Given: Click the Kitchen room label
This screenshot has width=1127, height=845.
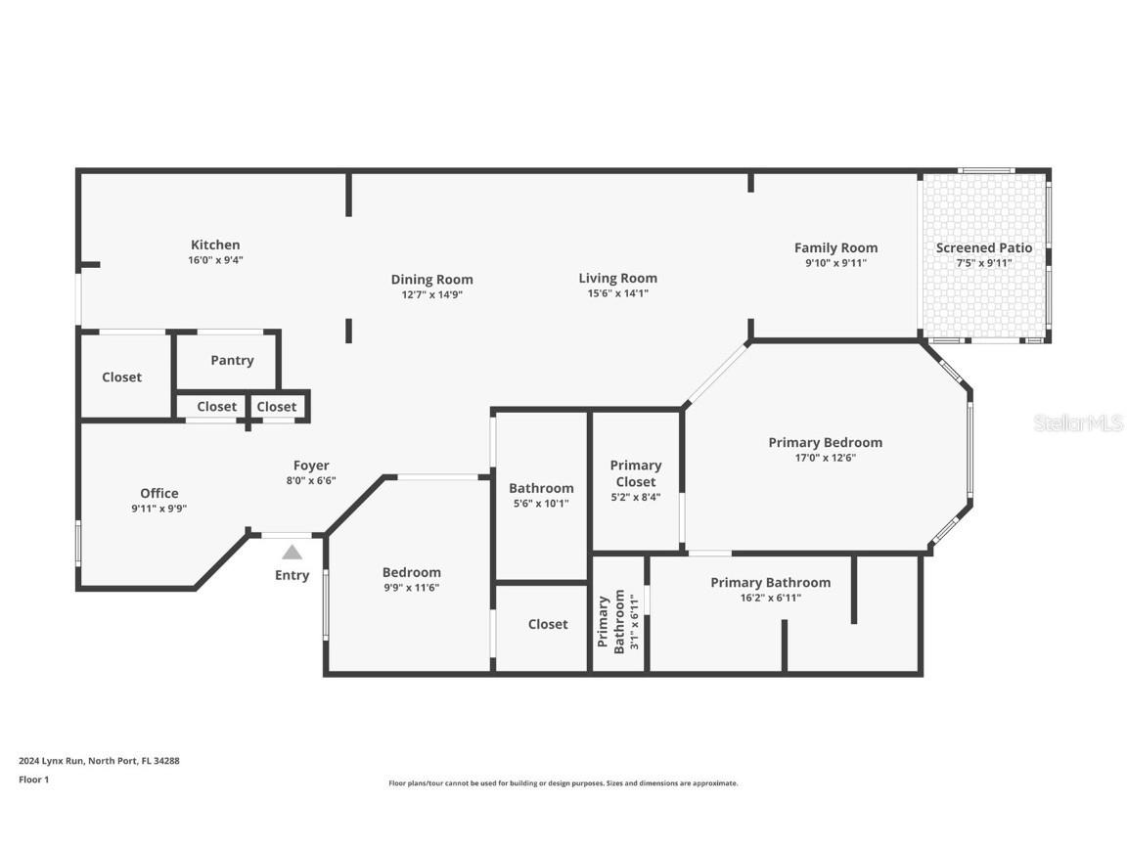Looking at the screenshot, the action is [215, 245].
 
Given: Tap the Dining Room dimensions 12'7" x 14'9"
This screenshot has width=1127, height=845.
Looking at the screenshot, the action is [432, 294].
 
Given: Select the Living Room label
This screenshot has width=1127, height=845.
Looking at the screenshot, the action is [618, 278].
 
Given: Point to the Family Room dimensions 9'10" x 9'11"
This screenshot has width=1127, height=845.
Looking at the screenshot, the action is [835, 263].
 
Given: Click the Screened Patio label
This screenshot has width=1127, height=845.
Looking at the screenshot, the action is [984, 247].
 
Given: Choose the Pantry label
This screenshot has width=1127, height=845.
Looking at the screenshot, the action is [232, 361].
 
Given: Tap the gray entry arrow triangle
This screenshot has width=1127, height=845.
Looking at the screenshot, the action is [292, 552].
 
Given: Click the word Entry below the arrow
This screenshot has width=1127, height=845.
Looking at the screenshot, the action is [292, 575].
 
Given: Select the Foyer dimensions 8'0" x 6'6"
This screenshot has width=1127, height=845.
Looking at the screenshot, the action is [311, 481].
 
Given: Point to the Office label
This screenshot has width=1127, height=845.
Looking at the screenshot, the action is [159, 493].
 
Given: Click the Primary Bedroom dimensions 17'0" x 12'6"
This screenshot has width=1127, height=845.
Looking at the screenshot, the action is [825, 458].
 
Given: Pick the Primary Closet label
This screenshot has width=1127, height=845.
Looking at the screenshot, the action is [636, 473].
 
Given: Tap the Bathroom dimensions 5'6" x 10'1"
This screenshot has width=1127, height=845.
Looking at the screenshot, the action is [541, 504].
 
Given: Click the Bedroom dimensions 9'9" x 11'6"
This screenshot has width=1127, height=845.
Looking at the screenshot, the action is [412, 588].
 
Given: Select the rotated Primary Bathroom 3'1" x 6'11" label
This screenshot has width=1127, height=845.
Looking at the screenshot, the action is [618, 622].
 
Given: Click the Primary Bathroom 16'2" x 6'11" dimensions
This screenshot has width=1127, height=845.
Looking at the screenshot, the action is [771, 598].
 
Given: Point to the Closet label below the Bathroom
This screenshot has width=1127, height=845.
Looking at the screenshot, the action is [548, 624].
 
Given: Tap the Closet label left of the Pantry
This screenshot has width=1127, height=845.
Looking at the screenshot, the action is [122, 378].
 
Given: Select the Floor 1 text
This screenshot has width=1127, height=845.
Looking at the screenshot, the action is [34, 778].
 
